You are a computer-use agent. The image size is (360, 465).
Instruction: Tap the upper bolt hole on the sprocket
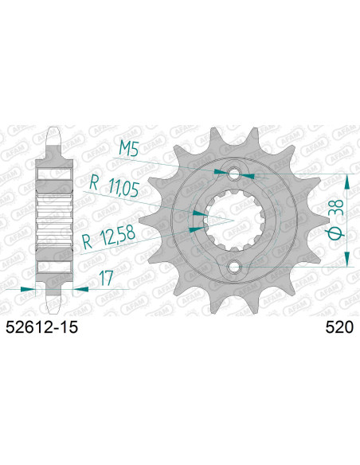coord(233,174)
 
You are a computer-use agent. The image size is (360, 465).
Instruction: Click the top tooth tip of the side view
coord(55,134)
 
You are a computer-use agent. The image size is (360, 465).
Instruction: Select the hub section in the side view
coord(55,219)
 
